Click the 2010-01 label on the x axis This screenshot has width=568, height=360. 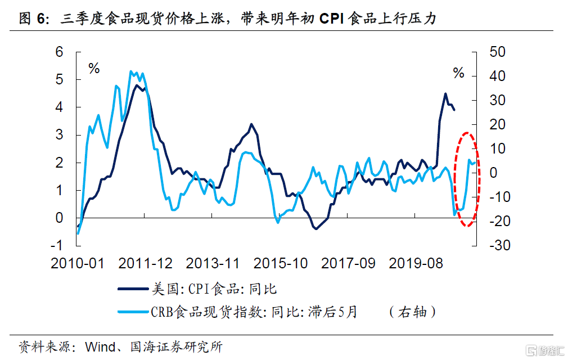(78, 263)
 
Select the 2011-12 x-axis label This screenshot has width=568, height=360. (145, 263)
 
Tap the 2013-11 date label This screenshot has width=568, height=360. (213, 263)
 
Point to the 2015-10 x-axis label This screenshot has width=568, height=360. (280, 263)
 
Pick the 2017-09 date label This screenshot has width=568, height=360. (348, 263)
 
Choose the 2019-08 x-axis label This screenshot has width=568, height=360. (415, 263)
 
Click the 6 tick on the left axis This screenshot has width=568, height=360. (58, 52)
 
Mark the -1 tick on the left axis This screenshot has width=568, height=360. (56, 245)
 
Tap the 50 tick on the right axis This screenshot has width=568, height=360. (498, 52)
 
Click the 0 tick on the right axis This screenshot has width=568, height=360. (494, 173)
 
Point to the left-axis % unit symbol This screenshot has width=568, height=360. (93, 70)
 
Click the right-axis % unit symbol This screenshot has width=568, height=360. (459, 73)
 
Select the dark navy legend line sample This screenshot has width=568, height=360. (133, 289)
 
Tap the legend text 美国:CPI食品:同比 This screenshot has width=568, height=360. (214, 289)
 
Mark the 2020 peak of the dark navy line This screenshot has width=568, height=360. (445, 94)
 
